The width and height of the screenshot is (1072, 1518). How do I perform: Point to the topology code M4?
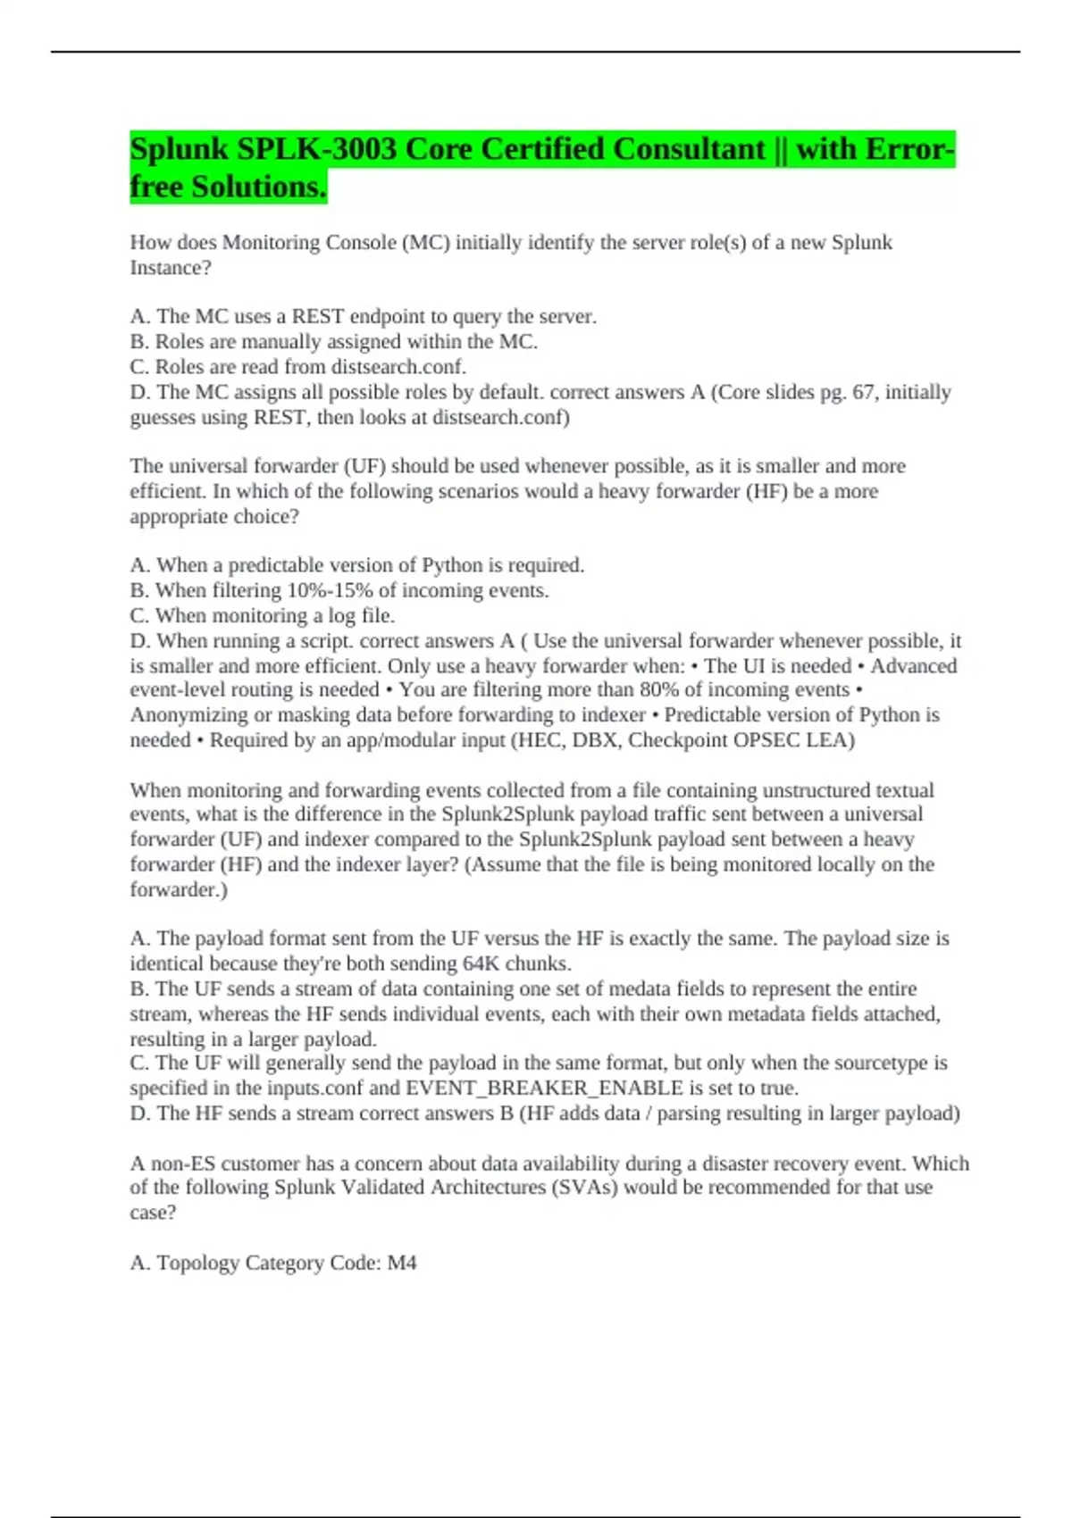[x=402, y=1264]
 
